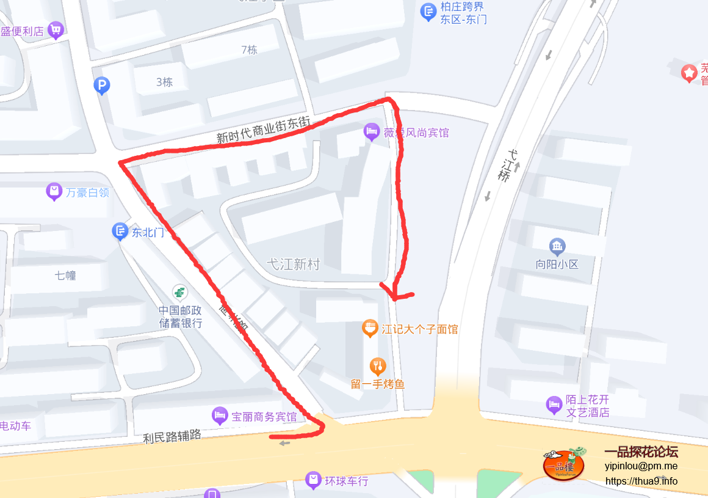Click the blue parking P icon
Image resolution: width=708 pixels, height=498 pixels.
click(102, 86)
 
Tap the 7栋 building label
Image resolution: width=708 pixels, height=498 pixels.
click(249, 50)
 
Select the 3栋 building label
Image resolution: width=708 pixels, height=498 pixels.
click(164, 82)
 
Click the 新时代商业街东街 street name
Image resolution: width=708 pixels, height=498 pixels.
click(264, 130)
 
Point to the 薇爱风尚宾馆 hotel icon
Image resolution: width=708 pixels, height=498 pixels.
click(371, 131)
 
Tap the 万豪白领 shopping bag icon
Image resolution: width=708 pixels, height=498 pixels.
click(54, 192)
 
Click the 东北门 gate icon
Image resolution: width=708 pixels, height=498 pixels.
click(120, 232)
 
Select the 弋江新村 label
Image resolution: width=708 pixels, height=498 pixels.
click(293, 264)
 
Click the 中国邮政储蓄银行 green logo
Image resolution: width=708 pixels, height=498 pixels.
click(180, 292)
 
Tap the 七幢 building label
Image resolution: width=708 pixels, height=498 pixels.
click(65, 275)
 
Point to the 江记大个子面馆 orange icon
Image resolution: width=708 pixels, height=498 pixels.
click(369, 329)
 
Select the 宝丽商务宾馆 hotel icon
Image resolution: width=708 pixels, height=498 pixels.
click(219, 417)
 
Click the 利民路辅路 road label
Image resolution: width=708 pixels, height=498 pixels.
click(172, 436)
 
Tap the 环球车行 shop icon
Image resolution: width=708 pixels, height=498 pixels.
click(313, 480)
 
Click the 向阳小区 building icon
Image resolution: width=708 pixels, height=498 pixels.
click(557, 247)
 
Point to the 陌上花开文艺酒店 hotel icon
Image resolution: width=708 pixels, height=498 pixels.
click(554, 405)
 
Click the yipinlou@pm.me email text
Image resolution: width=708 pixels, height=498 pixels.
click(641, 466)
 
